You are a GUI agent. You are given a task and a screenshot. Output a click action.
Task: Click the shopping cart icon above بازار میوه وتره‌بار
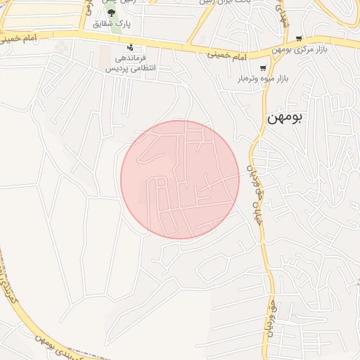(x=263, y=69)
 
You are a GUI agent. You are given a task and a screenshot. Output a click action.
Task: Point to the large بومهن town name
(x=284, y=117)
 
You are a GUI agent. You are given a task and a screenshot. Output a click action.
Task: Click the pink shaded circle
(x=180, y=179)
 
